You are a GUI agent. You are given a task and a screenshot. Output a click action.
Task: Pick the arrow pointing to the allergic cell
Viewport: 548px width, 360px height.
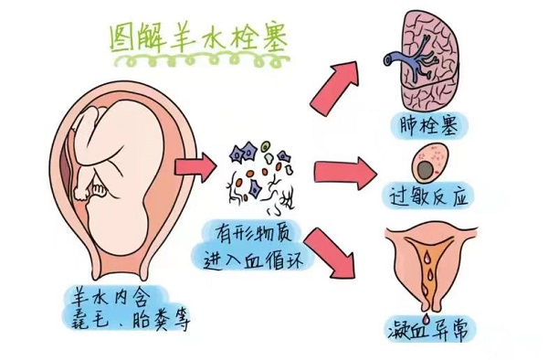click(x=345, y=171)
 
